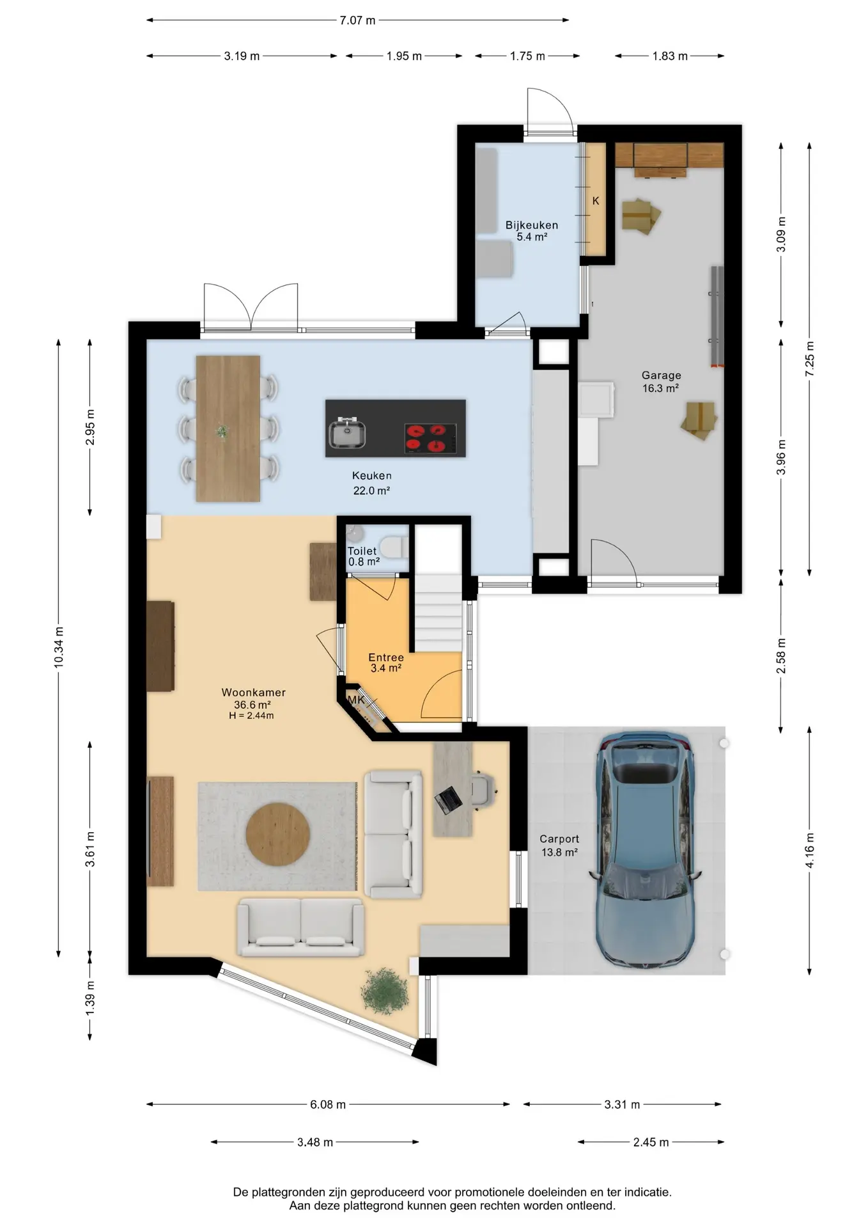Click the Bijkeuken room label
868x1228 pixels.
531,225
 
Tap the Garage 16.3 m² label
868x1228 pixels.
661,382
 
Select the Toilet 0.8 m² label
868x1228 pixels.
363,556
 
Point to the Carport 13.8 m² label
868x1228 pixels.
559,846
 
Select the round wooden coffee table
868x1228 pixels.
278,835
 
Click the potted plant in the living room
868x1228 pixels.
384,991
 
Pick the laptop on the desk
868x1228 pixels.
449,799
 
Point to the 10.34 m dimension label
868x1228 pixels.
59,648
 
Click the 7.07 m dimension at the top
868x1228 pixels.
357,20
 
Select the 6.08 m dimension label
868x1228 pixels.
328,1105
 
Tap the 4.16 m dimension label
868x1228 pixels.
810,851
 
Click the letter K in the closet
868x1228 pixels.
596,201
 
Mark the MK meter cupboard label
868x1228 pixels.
356,700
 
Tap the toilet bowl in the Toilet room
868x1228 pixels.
391,547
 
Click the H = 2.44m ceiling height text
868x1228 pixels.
251,716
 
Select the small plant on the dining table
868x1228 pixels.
222,432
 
